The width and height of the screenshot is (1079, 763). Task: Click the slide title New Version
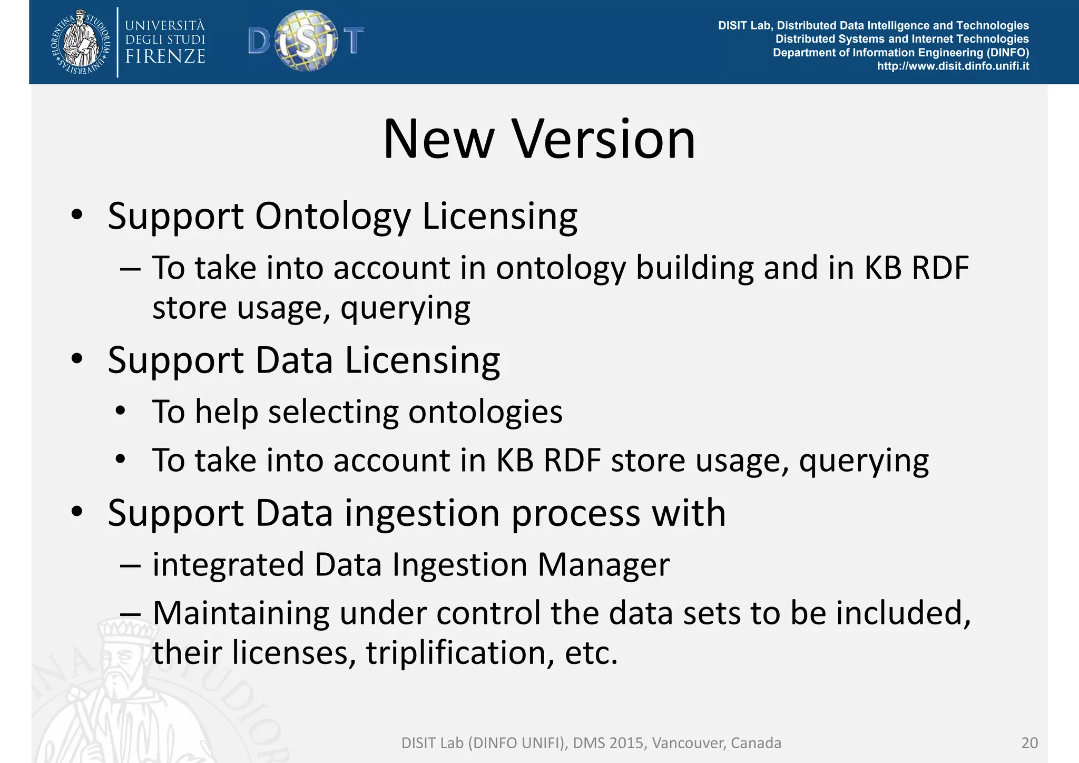[x=539, y=140]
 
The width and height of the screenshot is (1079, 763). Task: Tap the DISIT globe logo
[x=306, y=41]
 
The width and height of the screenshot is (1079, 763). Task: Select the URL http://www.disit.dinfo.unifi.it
[x=953, y=66]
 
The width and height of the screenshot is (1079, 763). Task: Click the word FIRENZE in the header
[x=165, y=56]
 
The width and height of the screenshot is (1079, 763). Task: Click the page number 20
[x=1029, y=743]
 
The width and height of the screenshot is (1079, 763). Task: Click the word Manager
[x=603, y=565]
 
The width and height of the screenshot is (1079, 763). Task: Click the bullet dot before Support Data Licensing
[x=77, y=359]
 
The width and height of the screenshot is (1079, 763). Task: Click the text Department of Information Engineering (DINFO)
[x=900, y=53]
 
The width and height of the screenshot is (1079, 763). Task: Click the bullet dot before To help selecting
[x=121, y=411]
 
